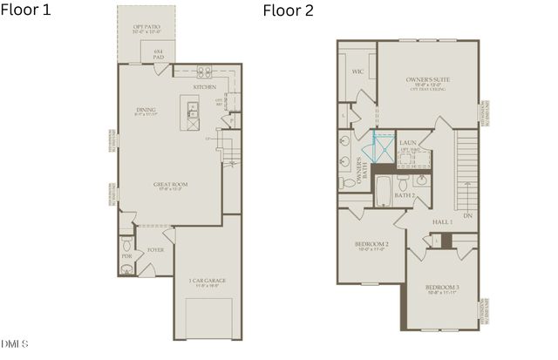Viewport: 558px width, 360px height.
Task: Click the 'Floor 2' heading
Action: (x=289, y=11)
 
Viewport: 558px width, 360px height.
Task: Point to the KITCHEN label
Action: (x=205, y=87)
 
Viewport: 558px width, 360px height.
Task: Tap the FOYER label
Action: (x=155, y=249)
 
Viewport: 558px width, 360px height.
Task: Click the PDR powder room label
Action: (x=126, y=256)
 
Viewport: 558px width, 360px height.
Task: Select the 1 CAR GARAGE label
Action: (x=208, y=281)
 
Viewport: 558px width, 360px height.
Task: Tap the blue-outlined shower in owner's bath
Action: (x=382, y=149)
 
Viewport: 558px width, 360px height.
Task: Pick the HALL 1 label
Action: (x=443, y=222)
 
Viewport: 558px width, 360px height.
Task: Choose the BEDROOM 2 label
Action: (x=371, y=245)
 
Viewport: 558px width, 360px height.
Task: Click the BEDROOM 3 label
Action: (x=442, y=289)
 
